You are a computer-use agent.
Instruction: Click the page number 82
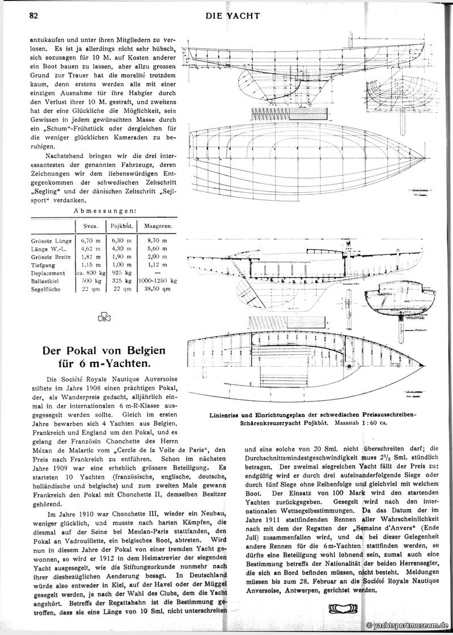[x=33, y=16]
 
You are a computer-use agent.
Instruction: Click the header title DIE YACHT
[x=232, y=16]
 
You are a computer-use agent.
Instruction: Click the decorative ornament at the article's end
[x=345, y=609]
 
